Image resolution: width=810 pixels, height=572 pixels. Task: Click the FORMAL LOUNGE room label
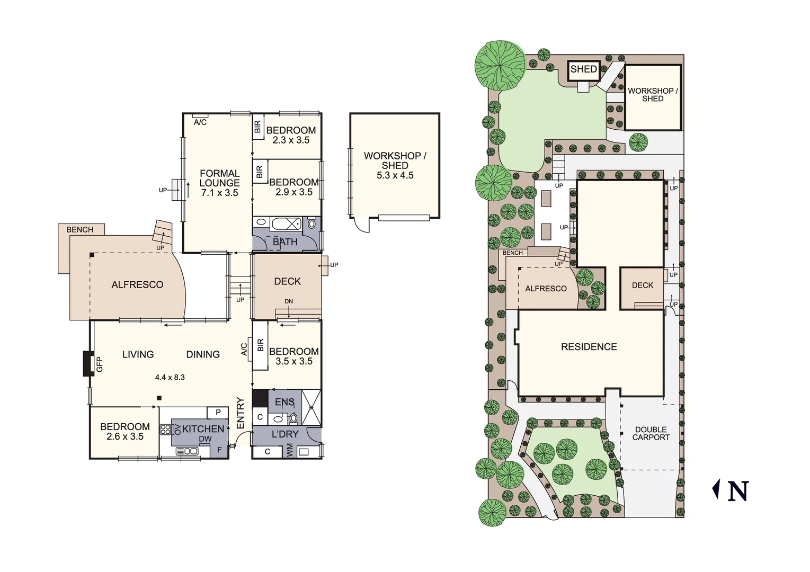click(219, 183)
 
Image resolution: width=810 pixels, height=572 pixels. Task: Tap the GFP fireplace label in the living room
click(100, 364)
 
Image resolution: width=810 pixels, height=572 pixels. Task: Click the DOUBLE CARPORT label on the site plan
click(651, 433)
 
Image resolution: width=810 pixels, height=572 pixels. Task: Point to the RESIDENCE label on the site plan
click(589, 347)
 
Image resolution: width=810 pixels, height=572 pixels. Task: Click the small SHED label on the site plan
click(583, 69)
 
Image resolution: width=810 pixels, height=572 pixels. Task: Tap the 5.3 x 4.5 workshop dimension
click(395, 175)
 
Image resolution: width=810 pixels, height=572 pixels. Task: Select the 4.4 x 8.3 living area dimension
click(170, 377)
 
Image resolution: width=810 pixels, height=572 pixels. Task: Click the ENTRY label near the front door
click(240, 413)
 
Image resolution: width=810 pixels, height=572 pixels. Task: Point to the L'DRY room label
click(285, 434)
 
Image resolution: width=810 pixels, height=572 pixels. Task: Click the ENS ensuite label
click(284, 403)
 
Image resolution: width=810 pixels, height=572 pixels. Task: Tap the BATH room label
click(285, 242)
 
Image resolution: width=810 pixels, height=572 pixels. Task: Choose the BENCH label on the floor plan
click(79, 230)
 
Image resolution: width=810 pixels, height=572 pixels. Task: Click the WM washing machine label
click(289, 451)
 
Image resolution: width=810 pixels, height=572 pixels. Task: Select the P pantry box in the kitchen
click(218, 413)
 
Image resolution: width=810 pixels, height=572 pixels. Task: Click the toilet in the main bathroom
click(311, 224)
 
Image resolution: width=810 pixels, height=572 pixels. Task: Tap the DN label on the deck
click(289, 301)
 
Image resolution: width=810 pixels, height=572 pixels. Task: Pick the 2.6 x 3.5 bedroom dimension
click(124, 437)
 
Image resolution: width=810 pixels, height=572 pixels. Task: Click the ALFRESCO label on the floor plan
click(137, 284)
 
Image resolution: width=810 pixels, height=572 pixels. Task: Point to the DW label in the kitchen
click(205, 439)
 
